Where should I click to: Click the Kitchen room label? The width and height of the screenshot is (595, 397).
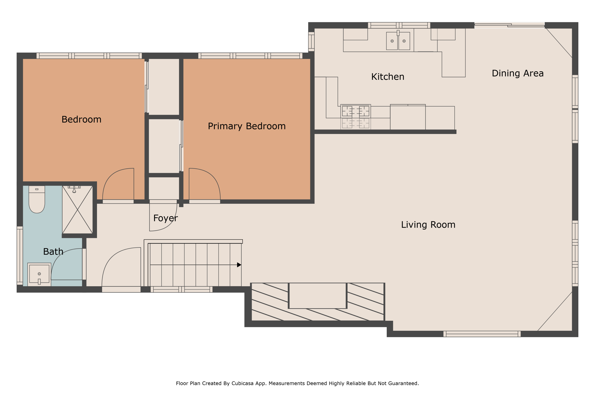pos(388,77)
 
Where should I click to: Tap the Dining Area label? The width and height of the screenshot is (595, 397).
pos(518,73)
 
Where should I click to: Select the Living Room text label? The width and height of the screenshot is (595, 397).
pos(428,225)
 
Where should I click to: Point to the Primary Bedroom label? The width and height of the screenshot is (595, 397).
pos(247,126)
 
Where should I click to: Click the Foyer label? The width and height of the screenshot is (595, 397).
pos(165,218)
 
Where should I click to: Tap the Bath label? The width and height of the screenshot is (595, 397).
pos(53,251)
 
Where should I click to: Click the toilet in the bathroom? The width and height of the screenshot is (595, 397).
pos(37,199)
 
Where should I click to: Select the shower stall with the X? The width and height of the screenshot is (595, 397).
pos(77,210)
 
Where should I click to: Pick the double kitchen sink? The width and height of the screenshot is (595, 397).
pos(398,40)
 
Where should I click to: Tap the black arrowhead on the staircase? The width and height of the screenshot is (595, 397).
pos(239,265)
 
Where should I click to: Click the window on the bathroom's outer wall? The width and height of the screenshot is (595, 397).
pos(20,256)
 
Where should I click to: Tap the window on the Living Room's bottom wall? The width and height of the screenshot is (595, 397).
pos(482,334)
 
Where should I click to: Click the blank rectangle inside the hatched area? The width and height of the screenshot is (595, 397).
pos(318,296)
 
